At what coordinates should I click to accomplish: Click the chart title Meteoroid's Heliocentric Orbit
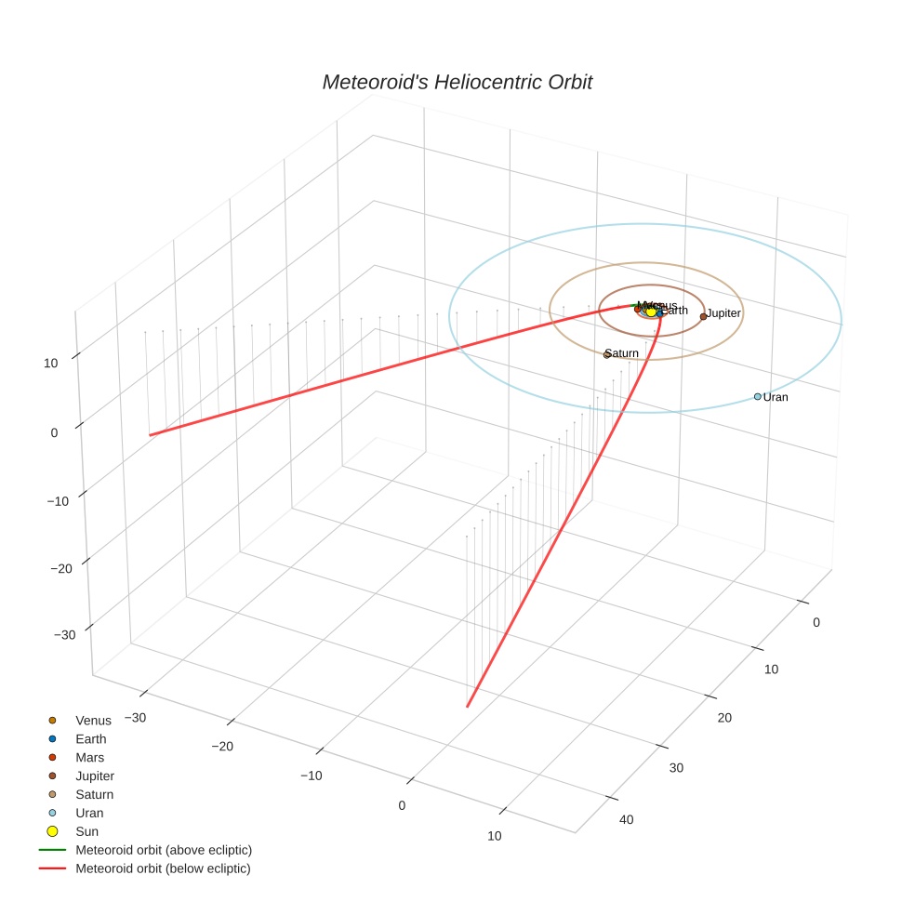[457, 82]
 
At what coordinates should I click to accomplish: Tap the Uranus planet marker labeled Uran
[757, 396]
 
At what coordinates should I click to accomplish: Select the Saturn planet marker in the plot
[606, 354]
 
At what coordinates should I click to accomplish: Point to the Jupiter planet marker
[703, 316]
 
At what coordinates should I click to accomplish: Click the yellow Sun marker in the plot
[651, 312]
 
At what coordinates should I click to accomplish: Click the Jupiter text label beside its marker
[723, 313]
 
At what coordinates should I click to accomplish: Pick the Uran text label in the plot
[776, 397]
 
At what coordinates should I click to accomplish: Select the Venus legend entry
[93, 720]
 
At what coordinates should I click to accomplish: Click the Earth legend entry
[91, 738]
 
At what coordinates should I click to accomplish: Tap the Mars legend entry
[90, 757]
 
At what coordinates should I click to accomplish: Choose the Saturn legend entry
[94, 794]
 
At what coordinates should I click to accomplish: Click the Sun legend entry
[86, 831]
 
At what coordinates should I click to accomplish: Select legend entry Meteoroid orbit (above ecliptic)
[164, 850]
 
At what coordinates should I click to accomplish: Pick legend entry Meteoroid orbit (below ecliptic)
[163, 869]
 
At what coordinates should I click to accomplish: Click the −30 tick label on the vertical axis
[65, 634]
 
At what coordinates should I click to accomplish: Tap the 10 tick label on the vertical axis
[51, 364]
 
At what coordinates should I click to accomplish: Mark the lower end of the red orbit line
[467, 707]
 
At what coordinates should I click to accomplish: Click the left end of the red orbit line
[151, 434]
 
